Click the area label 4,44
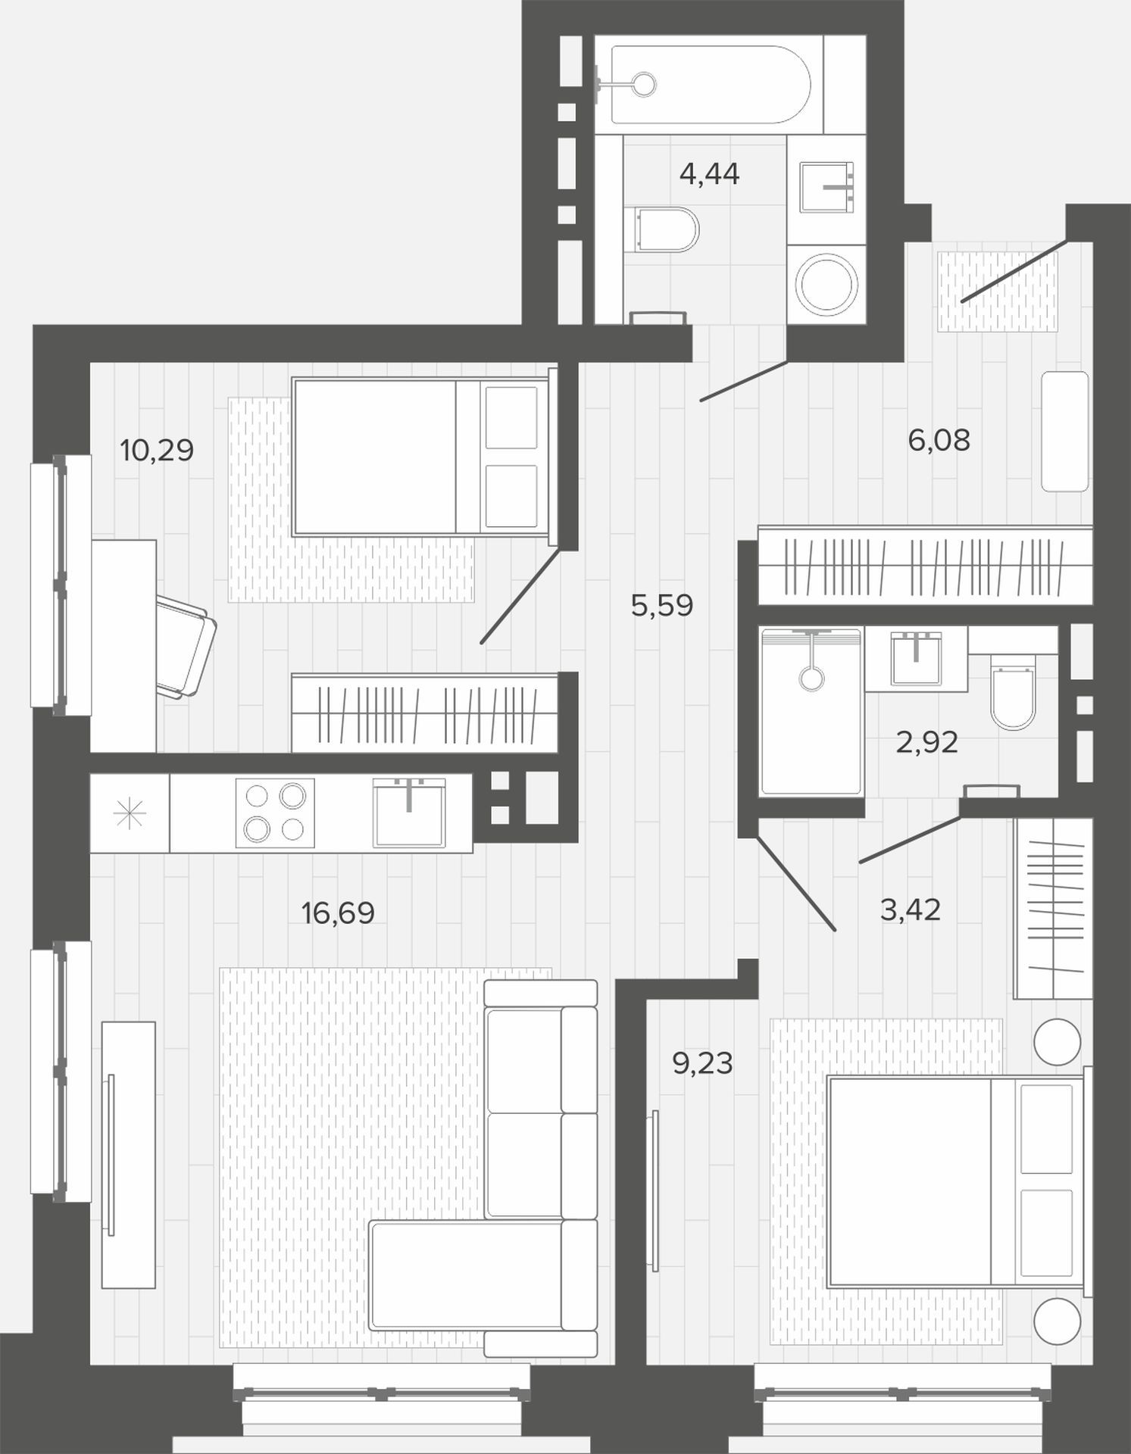click(x=709, y=175)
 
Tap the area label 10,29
click(x=157, y=451)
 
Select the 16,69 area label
click(x=338, y=913)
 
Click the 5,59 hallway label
click(x=662, y=606)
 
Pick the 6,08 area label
click(x=939, y=440)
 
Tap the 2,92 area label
click(x=926, y=743)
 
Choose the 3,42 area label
click(x=910, y=910)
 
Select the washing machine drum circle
click(x=825, y=285)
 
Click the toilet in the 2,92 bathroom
click(x=1013, y=691)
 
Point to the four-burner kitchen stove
click(x=275, y=813)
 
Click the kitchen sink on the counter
click(x=409, y=813)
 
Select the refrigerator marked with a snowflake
click(x=130, y=813)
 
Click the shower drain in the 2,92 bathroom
click(x=811, y=678)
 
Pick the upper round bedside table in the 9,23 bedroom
click(x=1057, y=1042)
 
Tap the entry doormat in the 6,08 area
click(x=998, y=292)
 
